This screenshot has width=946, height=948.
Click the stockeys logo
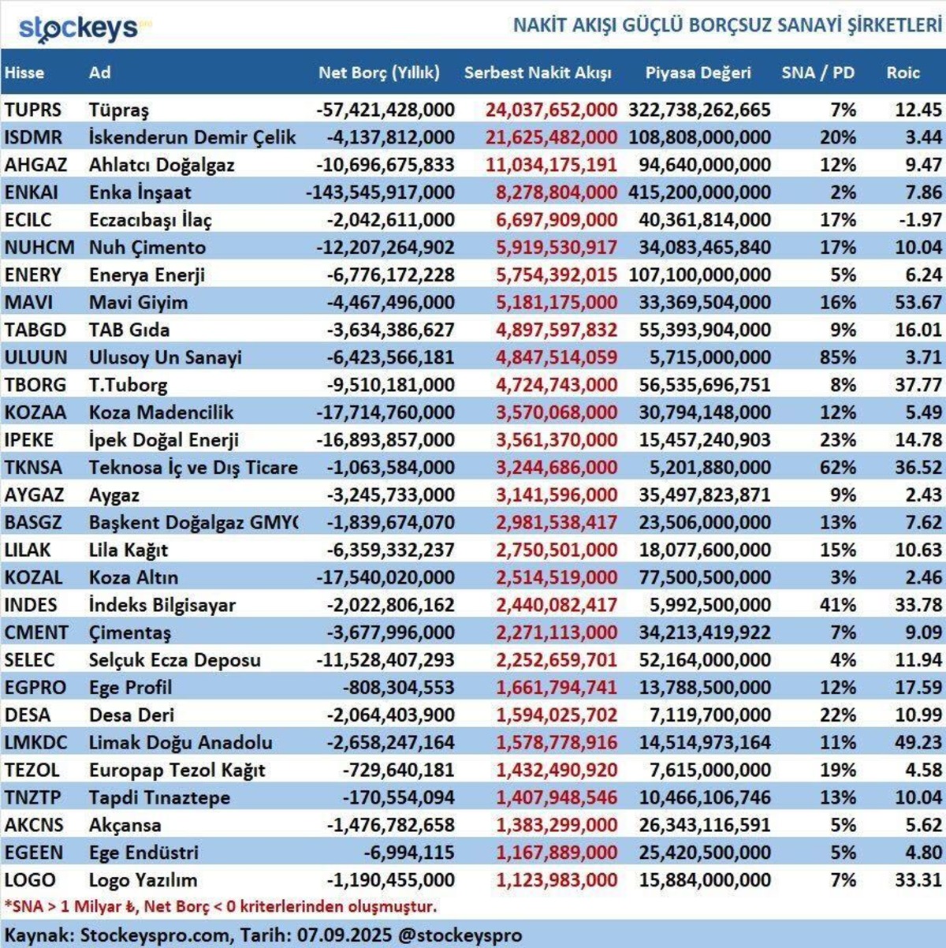click(x=84, y=28)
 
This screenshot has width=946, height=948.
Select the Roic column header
click(x=903, y=73)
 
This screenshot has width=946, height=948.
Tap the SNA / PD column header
click(x=818, y=73)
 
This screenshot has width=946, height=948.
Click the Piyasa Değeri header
click(x=698, y=73)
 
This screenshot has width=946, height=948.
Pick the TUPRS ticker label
click(x=33, y=110)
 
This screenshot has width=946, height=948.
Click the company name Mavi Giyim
click(x=138, y=303)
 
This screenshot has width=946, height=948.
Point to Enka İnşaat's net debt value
click(x=380, y=192)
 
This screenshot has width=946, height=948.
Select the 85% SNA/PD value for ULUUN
click(x=838, y=357)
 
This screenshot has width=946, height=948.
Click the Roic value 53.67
click(x=918, y=303)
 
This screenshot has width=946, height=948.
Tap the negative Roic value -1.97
click(x=921, y=220)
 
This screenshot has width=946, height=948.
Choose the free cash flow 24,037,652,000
click(x=552, y=110)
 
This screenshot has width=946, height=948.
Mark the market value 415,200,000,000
click(x=699, y=192)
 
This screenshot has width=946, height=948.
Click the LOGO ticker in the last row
click(x=30, y=880)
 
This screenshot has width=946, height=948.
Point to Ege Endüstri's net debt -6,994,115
click(x=409, y=853)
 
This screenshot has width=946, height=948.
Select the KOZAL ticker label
click(x=33, y=577)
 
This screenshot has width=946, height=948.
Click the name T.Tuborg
click(x=128, y=385)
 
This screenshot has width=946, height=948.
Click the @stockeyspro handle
click(x=460, y=935)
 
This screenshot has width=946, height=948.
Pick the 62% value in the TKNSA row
click(x=838, y=468)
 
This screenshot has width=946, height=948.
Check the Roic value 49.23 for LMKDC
click(x=918, y=742)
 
